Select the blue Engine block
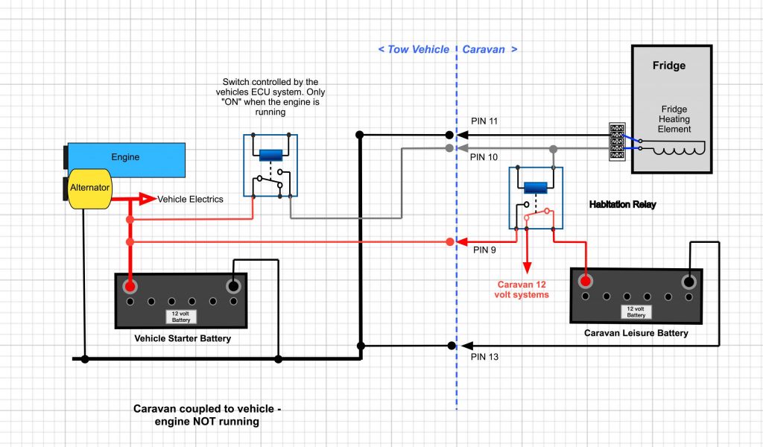tap(126, 158)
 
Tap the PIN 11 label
tap(486, 121)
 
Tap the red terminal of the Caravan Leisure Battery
tap(586, 282)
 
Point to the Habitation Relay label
tap(622, 204)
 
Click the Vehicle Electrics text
tap(191, 199)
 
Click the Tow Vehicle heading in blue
tap(414, 49)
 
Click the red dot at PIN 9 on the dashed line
tap(450, 242)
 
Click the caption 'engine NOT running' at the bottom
tap(207, 422)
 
